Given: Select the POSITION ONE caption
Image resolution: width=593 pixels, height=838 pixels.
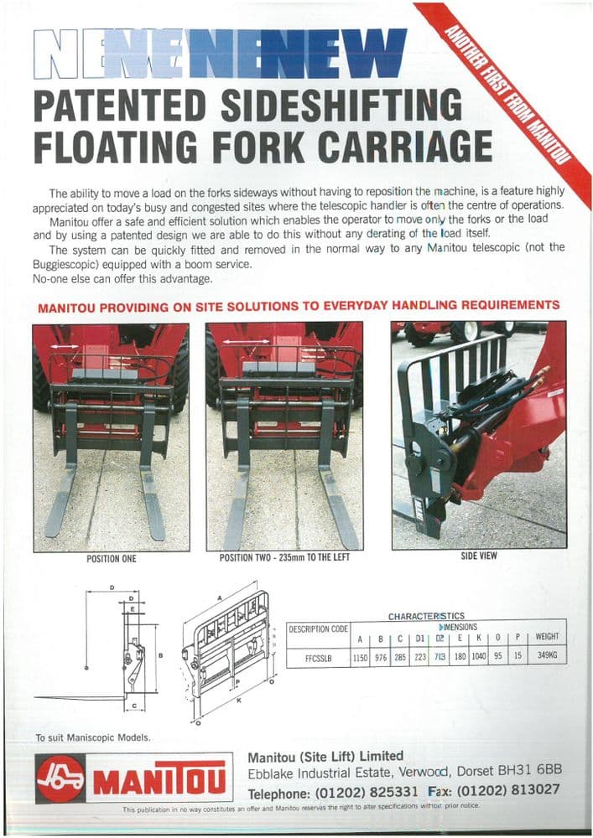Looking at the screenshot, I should coord(111,558).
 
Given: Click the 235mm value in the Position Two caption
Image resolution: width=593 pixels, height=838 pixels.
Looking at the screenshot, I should coord(294,558).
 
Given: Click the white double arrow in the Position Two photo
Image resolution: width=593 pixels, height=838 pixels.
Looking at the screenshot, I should coord(241,343).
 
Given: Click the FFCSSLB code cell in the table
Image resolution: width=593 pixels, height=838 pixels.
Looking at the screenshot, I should coord(318,657).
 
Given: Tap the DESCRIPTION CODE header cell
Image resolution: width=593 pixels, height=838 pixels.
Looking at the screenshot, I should coord(318,628).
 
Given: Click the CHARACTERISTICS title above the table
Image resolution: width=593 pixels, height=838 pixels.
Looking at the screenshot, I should coord(426,616).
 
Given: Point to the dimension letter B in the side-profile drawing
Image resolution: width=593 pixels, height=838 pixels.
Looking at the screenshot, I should coord(159,656).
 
